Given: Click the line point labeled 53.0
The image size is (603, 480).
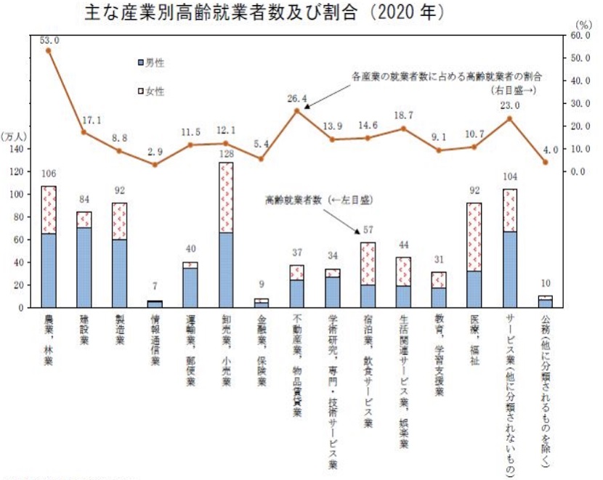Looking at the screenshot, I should click(49, 51).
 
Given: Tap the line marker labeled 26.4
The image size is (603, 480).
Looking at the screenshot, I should click(297, 111).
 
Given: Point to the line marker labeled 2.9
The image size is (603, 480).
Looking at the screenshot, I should click(155, 165).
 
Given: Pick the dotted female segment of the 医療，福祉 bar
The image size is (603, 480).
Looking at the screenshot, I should click(474, 237).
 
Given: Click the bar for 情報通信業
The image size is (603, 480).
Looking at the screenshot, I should click(155, 304).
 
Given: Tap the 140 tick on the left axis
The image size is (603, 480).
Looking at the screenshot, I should click(16, 149).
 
